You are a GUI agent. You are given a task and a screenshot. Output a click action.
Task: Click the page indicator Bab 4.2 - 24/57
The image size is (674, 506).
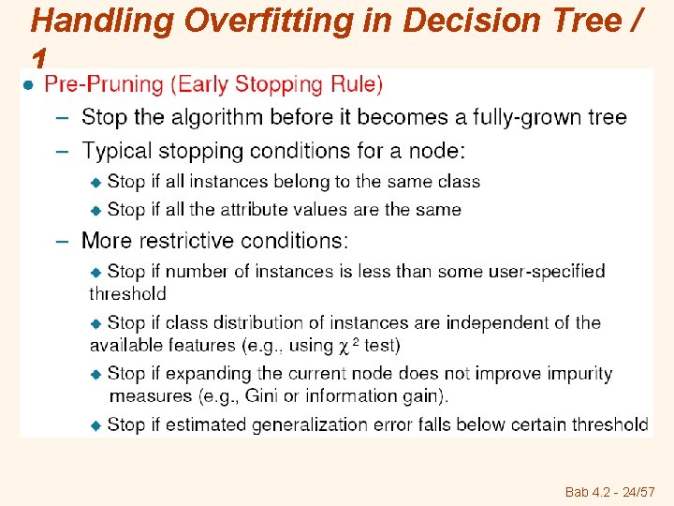click(x=609, y=492)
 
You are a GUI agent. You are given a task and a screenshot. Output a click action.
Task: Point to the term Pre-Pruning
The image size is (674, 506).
click(x=103, y=84)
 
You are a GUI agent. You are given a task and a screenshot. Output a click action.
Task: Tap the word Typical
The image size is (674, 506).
click(x=115, y=150)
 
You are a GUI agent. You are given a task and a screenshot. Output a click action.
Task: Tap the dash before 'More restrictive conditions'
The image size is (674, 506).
click(x=62, y=241)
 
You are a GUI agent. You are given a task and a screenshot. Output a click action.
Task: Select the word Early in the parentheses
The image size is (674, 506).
click(x=202, y=84)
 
